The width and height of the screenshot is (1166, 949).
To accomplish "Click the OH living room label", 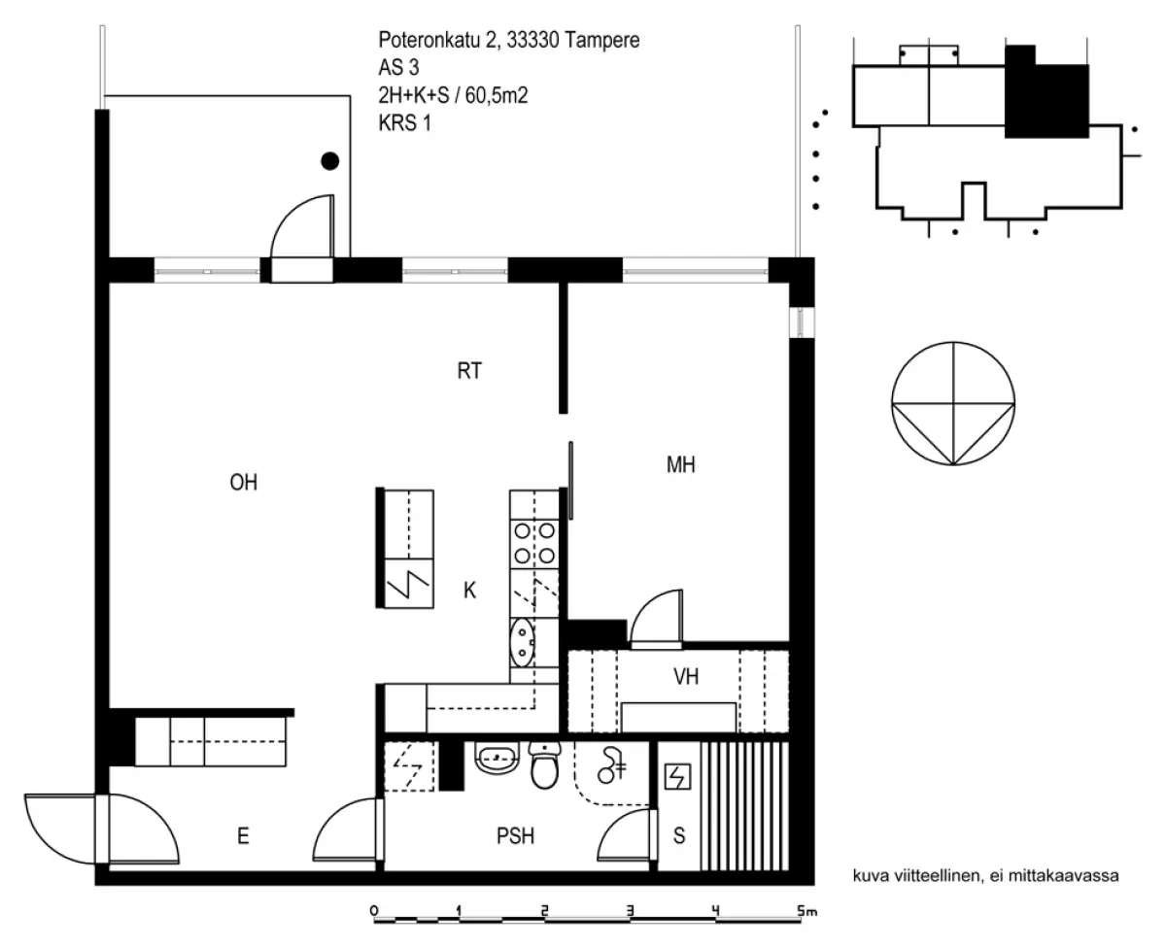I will pyautogui.click(x=243, y=483).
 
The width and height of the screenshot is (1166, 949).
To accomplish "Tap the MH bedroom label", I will pyautogui.click(x=681, y=465).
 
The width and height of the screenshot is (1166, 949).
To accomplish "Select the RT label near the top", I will pyautogui.click(x=469, y=371).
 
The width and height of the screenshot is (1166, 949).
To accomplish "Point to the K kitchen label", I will pyautogui.click(x=469, y=590).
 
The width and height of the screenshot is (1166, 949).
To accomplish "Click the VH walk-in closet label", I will pyautogui.click(x=686, y=677).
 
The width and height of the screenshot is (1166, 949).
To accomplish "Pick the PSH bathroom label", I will pyautogui.click(x=515, y=835).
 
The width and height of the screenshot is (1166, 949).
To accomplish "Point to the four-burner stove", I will pyautogui.click(x=534, y=543).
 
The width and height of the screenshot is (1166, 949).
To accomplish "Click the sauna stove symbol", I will pyautogui.click(x=676, y=777).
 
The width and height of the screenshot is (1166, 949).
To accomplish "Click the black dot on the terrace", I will pyautogui.click(x=330, y=161).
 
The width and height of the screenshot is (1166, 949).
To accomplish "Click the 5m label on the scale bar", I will pyautogui.click(x=806, y=911).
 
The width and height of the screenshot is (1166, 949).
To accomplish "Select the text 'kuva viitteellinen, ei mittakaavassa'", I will pyautogui.click(x=985, y=875).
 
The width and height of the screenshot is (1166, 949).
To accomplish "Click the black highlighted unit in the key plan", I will pyautogui.click(x=1046, y=95).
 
